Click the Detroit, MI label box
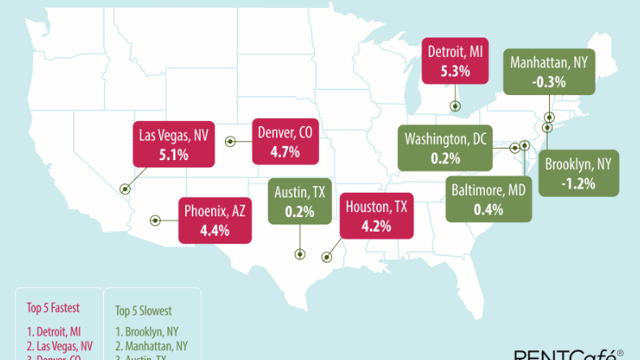455,61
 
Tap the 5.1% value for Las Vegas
173,152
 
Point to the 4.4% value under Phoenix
215,230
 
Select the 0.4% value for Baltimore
488,210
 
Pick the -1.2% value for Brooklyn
577,183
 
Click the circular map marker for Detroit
455,105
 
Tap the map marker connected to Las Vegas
125,189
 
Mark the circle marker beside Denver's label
230,141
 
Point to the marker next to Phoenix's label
154,219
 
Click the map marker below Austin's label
300,254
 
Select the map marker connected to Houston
326,257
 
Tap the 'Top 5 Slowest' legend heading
144,310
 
